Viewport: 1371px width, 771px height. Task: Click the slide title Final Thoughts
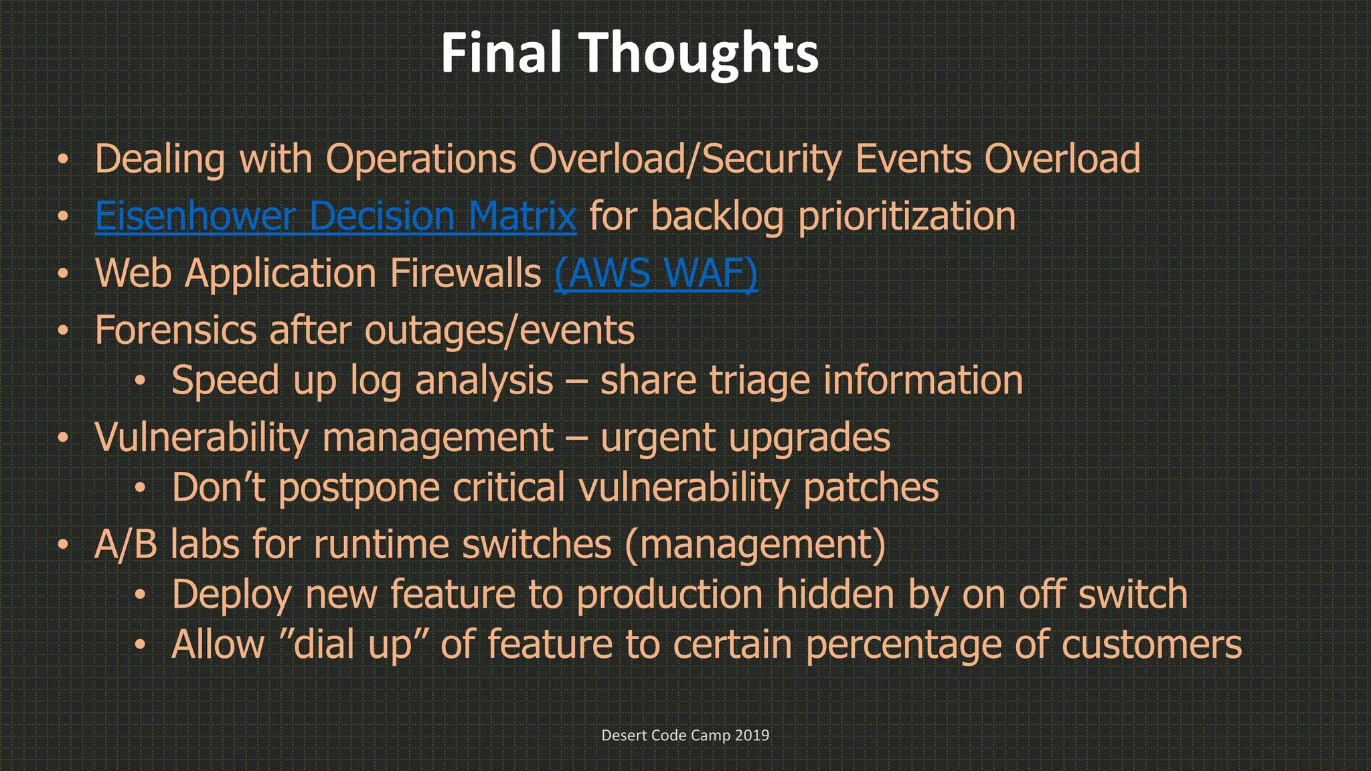(629, 54)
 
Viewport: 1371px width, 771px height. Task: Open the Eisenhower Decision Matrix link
(335, 216)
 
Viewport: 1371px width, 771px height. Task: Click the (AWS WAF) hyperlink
(656, 273)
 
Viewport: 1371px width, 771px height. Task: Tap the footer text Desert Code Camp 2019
(685, 735)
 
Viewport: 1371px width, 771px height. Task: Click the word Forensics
(175, 330)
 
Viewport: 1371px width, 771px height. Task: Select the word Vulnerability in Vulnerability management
(201, 437)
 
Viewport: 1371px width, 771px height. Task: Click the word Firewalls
(465, 273)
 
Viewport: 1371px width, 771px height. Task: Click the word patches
(870, 488)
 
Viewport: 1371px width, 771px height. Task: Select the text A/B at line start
(125, 544)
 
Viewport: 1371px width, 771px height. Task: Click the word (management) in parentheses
(755, 544)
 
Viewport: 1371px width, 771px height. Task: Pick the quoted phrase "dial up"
(352, 645)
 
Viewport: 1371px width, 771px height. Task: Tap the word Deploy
(232, 595)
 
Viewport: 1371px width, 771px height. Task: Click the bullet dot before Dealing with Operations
(63, 159)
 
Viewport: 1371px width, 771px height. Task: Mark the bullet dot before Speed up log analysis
(139, 381)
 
